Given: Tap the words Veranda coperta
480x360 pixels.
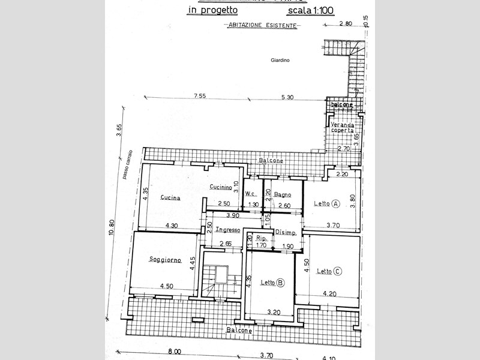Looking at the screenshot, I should [x=343, y=127].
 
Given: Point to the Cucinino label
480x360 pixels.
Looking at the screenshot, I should [x=221, y=187].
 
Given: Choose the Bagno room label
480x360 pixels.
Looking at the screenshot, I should [x=283, y=194].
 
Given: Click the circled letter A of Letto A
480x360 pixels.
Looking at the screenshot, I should [x=336, y=204].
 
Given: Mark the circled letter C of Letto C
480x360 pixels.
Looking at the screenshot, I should [x=338, y=271].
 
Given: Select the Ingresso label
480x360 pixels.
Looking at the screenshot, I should [x=228, y=230].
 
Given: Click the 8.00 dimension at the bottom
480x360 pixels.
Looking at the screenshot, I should [x=174, y=352].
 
